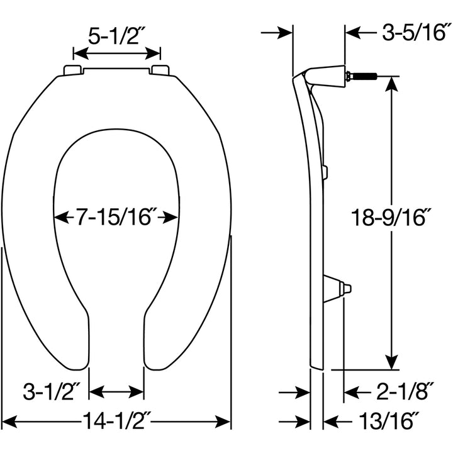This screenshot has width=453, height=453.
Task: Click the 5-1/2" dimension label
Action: [117, 37]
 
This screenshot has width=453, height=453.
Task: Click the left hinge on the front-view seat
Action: [72, 70]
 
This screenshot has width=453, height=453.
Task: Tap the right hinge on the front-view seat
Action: [160, 70]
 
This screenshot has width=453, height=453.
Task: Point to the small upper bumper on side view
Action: [324, 171]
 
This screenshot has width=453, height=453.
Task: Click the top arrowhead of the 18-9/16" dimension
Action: [391, 84]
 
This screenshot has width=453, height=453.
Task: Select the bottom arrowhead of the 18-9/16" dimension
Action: [391, 362]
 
